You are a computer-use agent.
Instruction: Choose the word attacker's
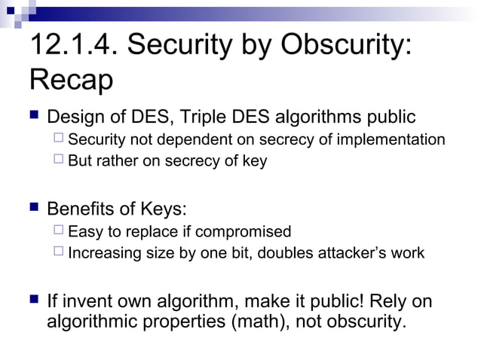coord(354,253)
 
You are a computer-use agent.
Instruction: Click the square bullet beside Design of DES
coord(32,117)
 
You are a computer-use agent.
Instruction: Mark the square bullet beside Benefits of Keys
coord(32,207)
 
